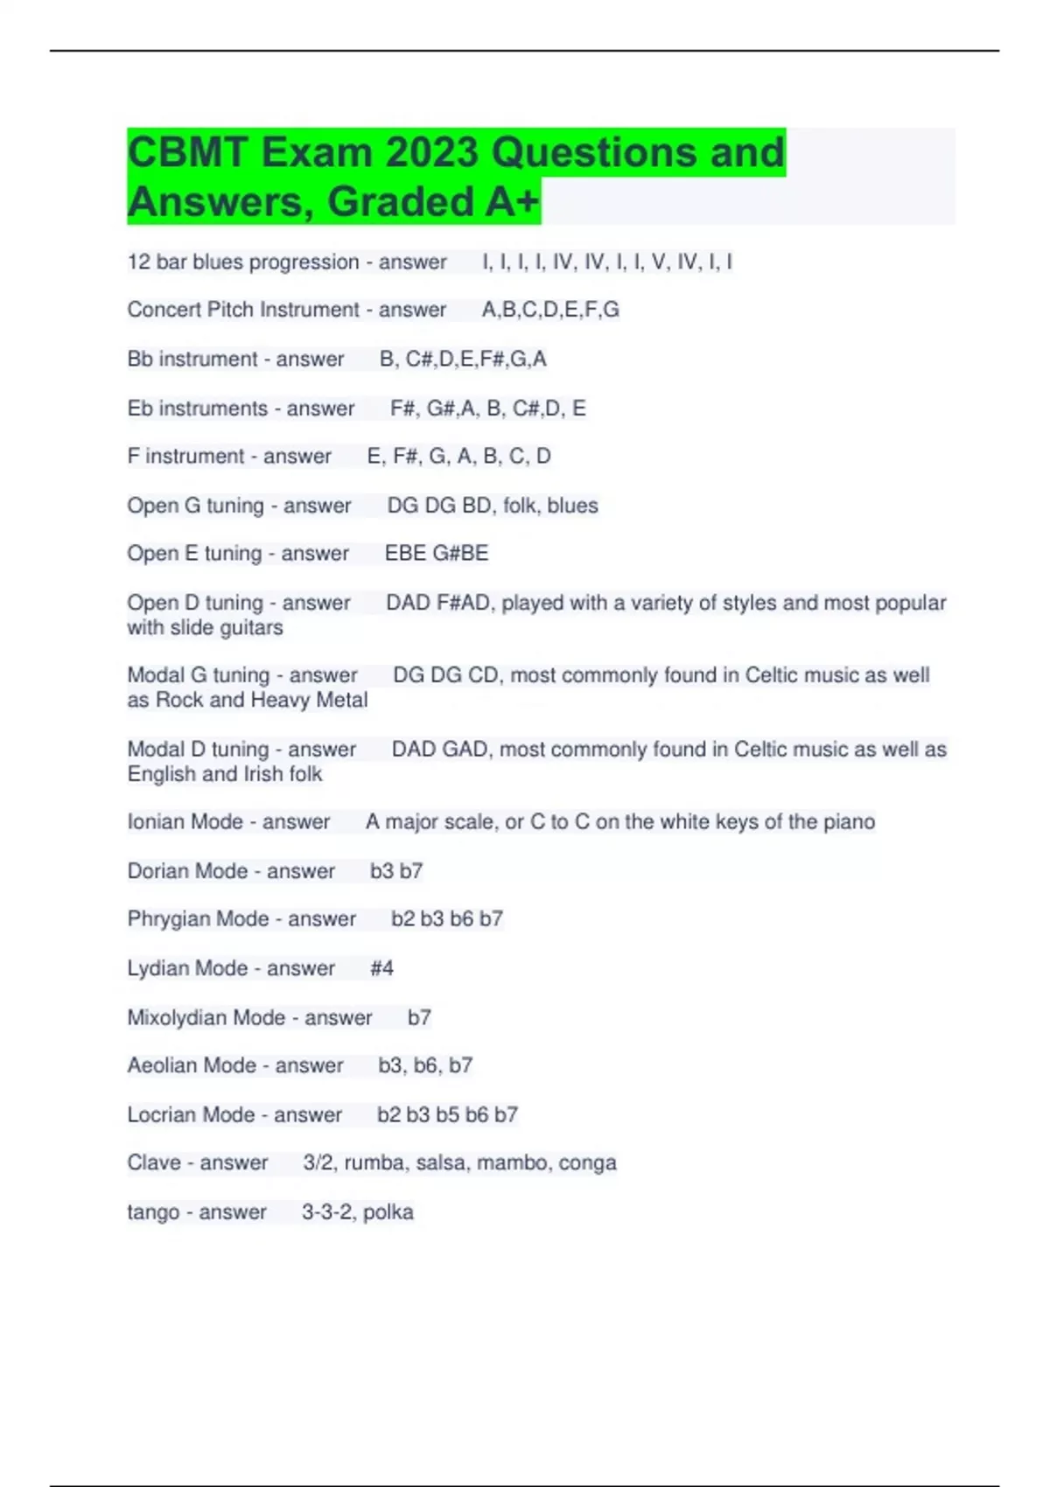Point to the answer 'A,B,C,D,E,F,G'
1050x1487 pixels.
click(x=550, y=310)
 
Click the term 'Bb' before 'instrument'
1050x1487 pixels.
click(x=140, y=360)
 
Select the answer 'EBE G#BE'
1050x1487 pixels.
click(x=437, y=554)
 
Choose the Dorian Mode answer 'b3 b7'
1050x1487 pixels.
click(x=396, y=871)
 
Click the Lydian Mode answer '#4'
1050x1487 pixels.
click(x=381, y=968)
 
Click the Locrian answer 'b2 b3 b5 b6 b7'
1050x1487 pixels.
click(x=447, y=1115)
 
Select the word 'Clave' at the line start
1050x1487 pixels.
click(x=153, y=1163)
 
